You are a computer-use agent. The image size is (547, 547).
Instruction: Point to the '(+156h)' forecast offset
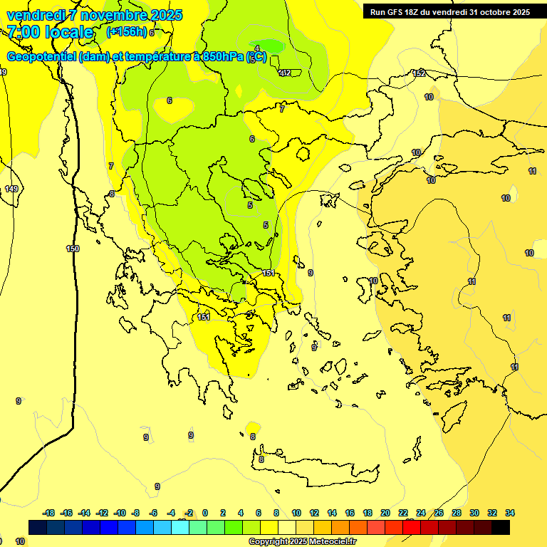pyautogui.click(x=126, y=32)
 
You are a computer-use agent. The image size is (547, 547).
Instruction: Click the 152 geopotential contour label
pyautogui.click(x=419, y=74)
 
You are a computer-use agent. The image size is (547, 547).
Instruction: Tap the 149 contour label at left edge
pyautogui.click(x=11, y=189)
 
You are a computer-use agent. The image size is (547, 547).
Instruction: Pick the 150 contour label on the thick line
pyautogui.click(x=73, y=249)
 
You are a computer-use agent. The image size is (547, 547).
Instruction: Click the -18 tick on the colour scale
pyautogui.click(x=49, y=513)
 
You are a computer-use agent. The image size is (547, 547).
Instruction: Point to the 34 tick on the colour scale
pyautogui.click(x=510, y=513)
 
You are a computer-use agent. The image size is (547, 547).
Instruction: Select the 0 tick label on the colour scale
pyautogui.click(x=205, y=513)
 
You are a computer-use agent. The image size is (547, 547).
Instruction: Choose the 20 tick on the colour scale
pyautogui.click(x=385, y=513)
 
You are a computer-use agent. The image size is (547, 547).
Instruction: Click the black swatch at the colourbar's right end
pyautogui.click(x=501, y=527)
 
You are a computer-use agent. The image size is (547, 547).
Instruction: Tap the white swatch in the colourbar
pyautogui.click(x=287, y=527)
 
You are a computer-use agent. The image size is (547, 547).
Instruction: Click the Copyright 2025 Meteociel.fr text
pyautogui.click(x=303, y=542)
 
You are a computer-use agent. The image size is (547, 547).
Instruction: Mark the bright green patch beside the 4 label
pyautogui.click(x=272, y=46)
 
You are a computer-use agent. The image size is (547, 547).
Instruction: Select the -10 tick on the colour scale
pyautogui.click(x=120, y=513)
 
